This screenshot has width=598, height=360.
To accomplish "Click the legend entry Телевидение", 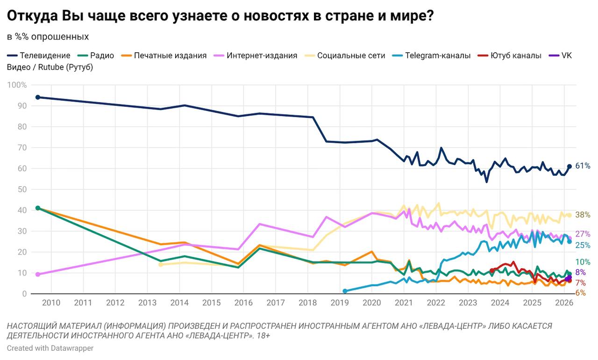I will coord(45,55).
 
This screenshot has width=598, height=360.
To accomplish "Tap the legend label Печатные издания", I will coord(170,55).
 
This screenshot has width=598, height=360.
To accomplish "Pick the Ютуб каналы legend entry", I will coord(516,55).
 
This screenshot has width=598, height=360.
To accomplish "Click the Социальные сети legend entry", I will coord(351,55).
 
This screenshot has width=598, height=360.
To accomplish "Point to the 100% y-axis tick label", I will coord(18,85).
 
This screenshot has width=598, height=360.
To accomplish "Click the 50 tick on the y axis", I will coord(21,189).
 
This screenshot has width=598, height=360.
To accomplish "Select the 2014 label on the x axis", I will coord(179,302).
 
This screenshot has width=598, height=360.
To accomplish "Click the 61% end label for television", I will coord(583,166).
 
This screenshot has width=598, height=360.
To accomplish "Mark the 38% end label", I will coord(583,215).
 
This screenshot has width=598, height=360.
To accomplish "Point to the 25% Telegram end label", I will coord(583,245).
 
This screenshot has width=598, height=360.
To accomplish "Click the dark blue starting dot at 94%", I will coord(38,97).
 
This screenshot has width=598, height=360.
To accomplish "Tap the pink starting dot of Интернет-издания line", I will coord(38,274).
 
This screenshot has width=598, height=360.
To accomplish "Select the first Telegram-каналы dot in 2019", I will coord(345,291).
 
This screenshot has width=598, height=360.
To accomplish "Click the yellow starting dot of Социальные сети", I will coord(161,265).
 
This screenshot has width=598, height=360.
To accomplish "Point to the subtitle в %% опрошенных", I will coord(48,36).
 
